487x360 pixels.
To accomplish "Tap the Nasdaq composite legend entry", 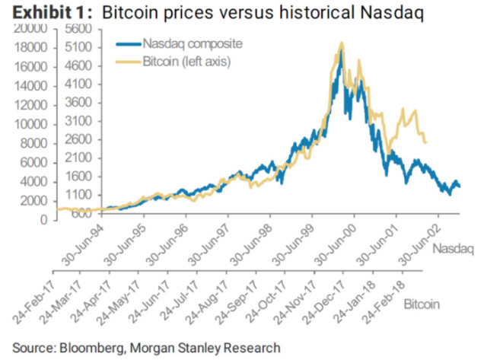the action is point(180,44).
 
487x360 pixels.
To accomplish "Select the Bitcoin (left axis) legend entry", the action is point(173,62).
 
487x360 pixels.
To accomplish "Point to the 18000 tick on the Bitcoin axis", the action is point(30,48).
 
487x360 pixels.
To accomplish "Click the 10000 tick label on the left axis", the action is point(30,125).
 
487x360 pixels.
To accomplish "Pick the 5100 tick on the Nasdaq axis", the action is point(78,47).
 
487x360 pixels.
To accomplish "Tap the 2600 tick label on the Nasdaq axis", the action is point(78,139).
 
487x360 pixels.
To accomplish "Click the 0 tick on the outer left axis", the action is point(44,220).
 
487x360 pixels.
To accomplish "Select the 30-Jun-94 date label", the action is point(83,245).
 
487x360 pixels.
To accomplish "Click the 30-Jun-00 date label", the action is point(335,245).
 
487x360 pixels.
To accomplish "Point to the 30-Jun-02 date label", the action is point(419,245).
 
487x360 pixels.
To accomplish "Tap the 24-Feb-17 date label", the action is point(33,302).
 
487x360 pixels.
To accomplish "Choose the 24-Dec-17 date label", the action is point(323,302).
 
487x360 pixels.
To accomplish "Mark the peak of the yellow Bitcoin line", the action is point(342,43).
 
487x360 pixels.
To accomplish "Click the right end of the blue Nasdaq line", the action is point(460,186).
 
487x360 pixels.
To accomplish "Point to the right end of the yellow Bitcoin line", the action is point(426,142).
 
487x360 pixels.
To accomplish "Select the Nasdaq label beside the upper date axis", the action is point(454,249).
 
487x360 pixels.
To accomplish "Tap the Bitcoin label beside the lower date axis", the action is point(422,304).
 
